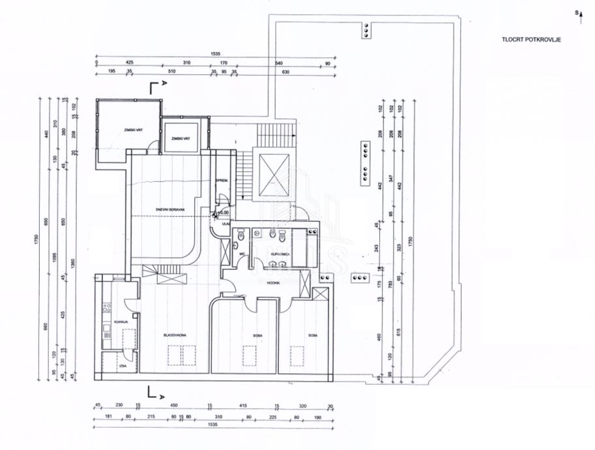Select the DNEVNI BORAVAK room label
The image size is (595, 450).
(x=171, y=209)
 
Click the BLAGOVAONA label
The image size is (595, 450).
(x=175, y=335)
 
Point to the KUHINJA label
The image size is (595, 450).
(x=119, y=322)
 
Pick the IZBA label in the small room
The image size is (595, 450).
(x=123, y=366)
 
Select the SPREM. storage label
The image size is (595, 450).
(x=222, y=181)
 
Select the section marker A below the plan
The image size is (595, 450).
(x=162, y=393)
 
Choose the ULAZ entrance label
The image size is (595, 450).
(x=225, y=223)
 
